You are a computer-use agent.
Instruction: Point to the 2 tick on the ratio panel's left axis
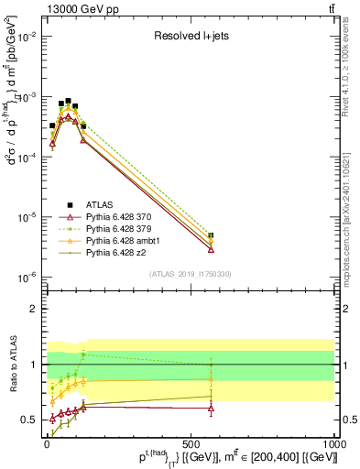[34, 309]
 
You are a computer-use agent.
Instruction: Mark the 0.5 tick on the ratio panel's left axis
[30, 420]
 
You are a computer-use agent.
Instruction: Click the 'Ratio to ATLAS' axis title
[13, 364]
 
